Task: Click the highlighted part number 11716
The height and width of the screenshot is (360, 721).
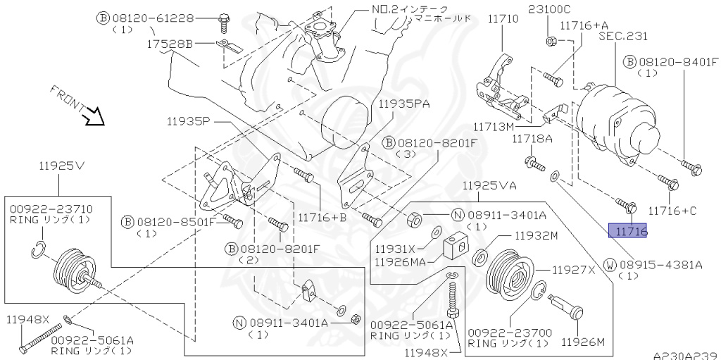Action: click(628, 230)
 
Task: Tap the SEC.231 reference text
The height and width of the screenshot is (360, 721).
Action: click(623, 36)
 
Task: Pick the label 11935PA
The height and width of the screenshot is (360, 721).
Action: click(403, 103)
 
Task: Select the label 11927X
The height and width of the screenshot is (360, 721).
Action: click(573, 269)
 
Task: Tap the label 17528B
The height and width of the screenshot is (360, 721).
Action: click(170, 43)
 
